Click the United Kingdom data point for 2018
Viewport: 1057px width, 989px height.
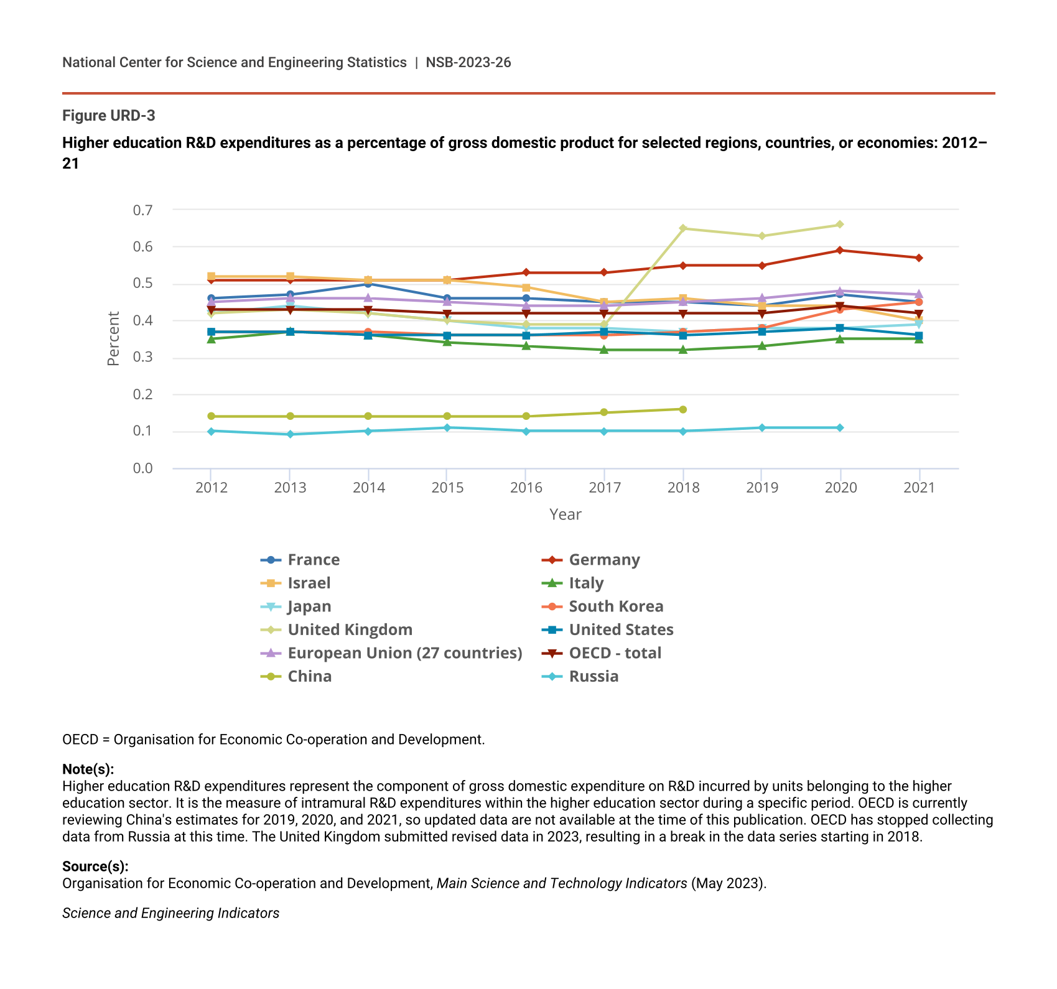pyautogui.click(x=683, y=228)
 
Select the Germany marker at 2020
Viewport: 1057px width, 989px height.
pyautogui.click(x=840, y=251)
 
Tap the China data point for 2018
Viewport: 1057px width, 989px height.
pyautogui.click(x=683, y=409)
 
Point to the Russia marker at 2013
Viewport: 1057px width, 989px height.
pyautogui.click(x=290, y=434)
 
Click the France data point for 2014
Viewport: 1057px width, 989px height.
pyautogui.click(x=368, y=284)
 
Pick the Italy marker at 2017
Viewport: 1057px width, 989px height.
pyautogui.click(x=604, y=350)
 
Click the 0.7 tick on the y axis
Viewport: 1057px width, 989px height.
pyautogui.click(x=142, y=210)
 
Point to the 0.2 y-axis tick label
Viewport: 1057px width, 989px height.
pyautogui.click(x=142, y=394)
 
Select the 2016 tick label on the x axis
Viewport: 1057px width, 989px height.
pyautogui.click(x=526, y=488)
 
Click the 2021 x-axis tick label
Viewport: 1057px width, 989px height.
pyautogui.click(x=919, y=488)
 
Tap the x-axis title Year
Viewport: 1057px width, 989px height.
pyautogui.click(x=565, y=514)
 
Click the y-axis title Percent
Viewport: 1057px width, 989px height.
pyautogui.click(x=113, y=338)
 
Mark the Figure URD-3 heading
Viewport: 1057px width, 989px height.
pyautogui.click(x=109, y=116)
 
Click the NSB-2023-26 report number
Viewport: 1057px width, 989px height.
pyautogui.click(x=468, y=62)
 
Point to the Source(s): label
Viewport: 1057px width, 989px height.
pyautogui.click(x=95, y=866)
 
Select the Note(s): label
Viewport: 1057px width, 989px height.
pyautogui.click(x=88, y=769)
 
